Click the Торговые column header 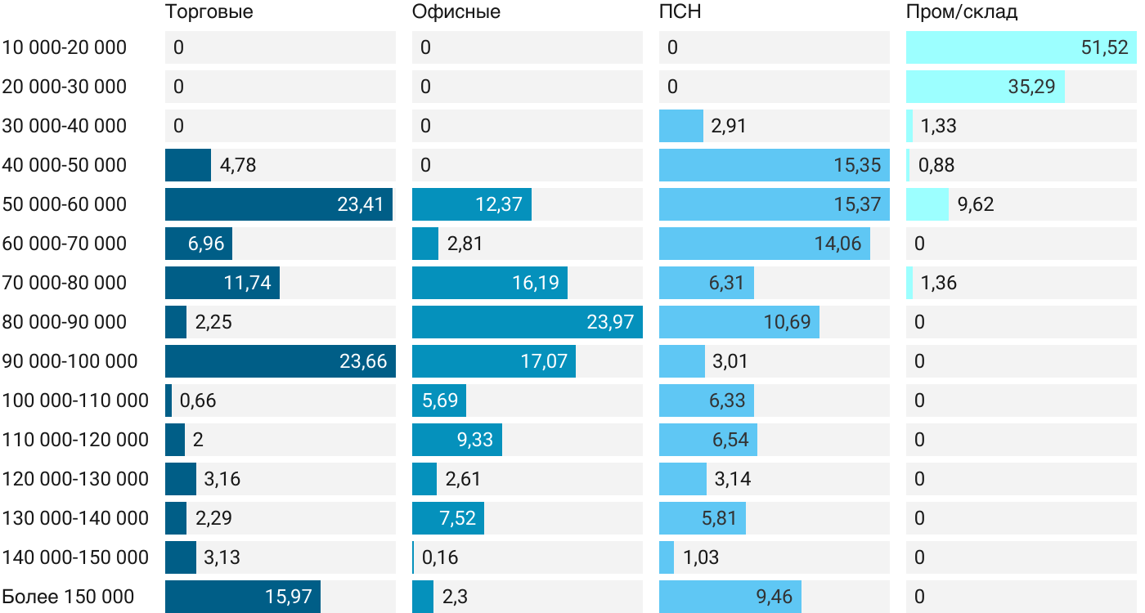point(209,12)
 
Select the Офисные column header point(456,12)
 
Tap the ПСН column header point(680,12)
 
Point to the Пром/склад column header point(962,12)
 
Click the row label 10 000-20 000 point(65,47)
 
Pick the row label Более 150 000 point(68,597)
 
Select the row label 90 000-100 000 point(70,361)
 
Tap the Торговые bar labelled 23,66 point(280,361)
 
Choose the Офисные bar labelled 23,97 point(527,322)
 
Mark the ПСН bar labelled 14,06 point(764,244)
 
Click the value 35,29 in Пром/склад point(1030,87)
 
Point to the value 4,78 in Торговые point(238,165)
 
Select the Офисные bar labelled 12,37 point(471,204)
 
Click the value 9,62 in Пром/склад point(976,204)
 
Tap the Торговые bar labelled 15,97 point(242,597)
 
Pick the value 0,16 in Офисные point(440,557)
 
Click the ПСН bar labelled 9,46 point(730,597)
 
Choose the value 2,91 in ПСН point(729,126)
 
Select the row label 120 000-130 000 point(76,479)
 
